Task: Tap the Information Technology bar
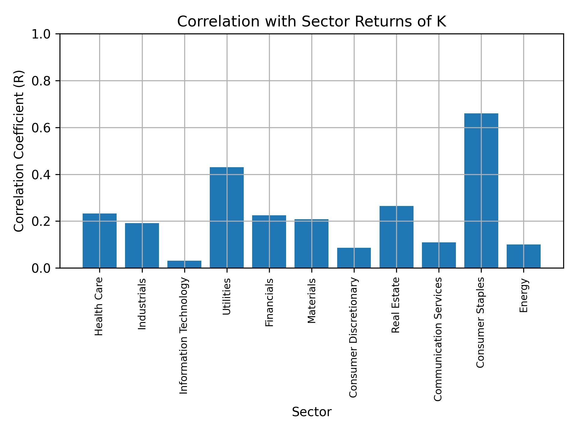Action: [x=184, y=264]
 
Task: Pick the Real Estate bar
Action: [x=396, y=237]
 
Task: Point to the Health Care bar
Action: [x=99, y=241]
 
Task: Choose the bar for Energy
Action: [x=524, y=256]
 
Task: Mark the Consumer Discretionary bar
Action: [x=354, y=258]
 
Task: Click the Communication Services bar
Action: [x=439, y=255]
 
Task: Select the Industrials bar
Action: [x=142, y=245]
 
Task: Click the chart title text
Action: [x=311, y=22]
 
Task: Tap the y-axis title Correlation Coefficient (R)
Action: [x=19, y=151]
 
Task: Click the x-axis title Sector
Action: [x=311, y=412]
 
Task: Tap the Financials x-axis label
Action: [x=269, y=302]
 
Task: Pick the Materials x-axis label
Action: [x=312, y=301]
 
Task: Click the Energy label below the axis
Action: [x=524, y=295]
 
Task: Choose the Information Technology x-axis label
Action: [x=184, y=336]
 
